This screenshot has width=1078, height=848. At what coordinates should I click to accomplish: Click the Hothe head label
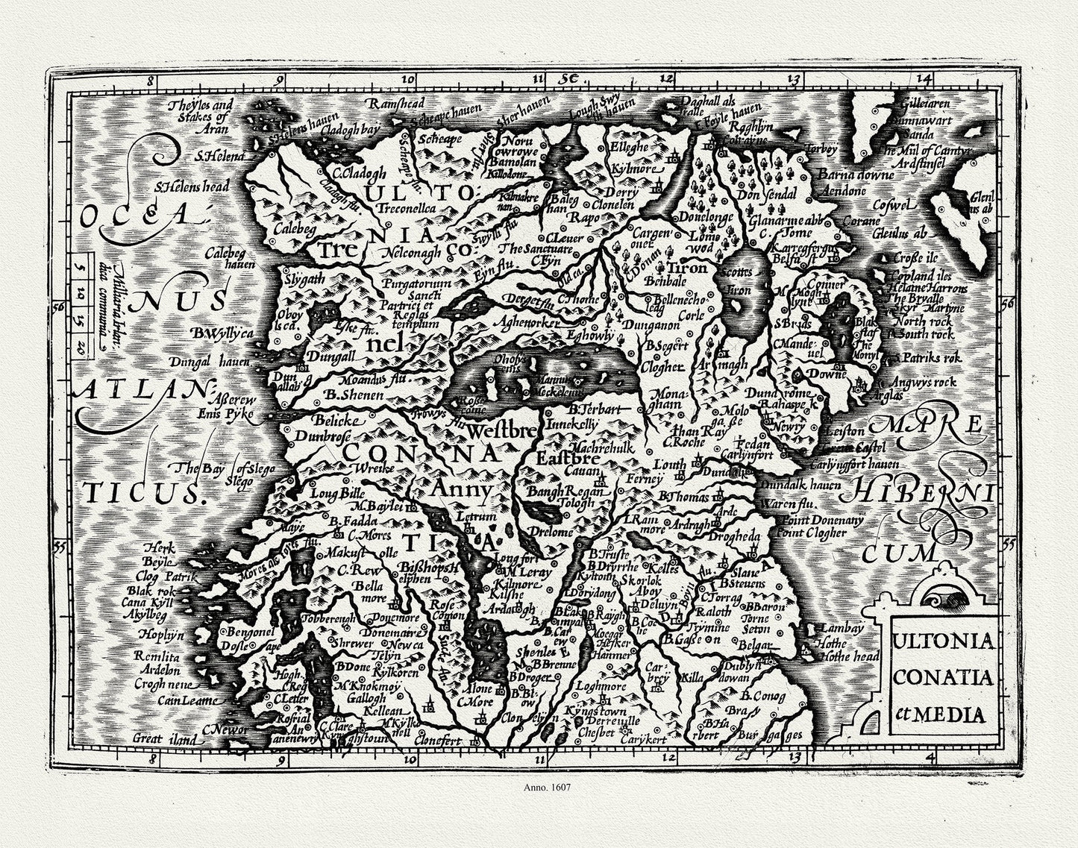coord(847,657)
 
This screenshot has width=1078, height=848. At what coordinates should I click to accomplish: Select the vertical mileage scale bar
coord(80,308)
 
